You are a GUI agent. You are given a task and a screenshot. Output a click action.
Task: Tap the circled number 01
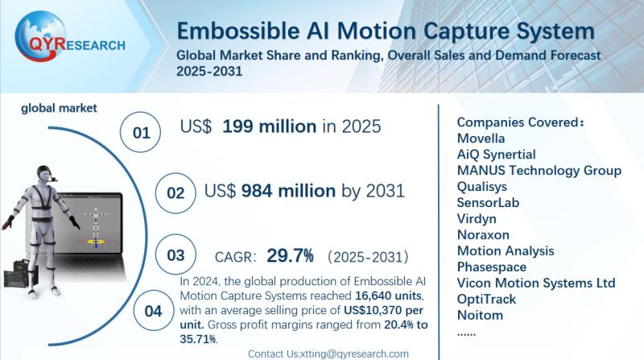(x=141, y=132)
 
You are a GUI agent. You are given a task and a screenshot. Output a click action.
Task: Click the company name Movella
(x=481, y=138)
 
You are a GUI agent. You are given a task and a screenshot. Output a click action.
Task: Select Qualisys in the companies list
(x=482, y=186)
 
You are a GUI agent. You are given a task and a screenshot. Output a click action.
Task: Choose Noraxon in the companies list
(x=481, y=234)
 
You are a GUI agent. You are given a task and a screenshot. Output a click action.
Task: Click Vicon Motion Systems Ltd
(x=535, y=283)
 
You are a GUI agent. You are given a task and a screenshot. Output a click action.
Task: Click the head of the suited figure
(x=45, y=176)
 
